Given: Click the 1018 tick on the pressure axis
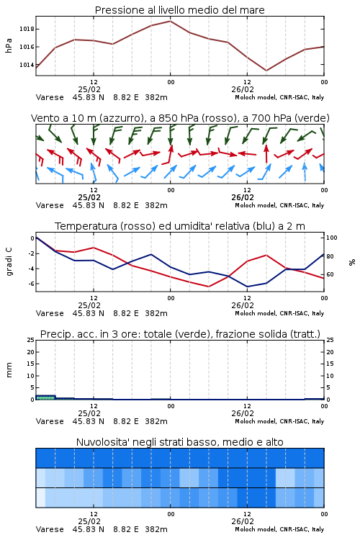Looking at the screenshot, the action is [x=27, y=29].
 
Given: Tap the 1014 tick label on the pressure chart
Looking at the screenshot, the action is [x=27, y=65].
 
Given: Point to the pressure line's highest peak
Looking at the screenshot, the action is [x=170, y=21].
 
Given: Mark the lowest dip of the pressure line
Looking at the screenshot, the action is [x=266, y=71].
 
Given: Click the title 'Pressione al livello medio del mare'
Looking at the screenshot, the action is [x=180, y=10].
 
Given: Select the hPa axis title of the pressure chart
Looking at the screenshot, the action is [x=9, y=45].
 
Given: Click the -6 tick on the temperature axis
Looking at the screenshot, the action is [x=31, y=284].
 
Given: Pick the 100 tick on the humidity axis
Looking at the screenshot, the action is [x=332, y=238].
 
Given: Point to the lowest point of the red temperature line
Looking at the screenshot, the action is [x=208, y=287].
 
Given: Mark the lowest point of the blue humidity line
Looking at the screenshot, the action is [x=247, y=287].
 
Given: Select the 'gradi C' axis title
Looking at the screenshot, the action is [x=9, y=261].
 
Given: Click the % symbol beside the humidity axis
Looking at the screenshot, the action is [x=352, y=262].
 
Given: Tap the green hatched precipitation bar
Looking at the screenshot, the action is [x=45, y=397].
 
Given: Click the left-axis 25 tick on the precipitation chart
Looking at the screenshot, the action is [x=31, y=340].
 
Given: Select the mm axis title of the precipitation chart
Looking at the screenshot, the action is [x=9, y=370].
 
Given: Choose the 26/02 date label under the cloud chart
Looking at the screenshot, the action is [x=243, y=521].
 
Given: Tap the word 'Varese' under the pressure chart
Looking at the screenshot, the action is [x=50, y=97].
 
